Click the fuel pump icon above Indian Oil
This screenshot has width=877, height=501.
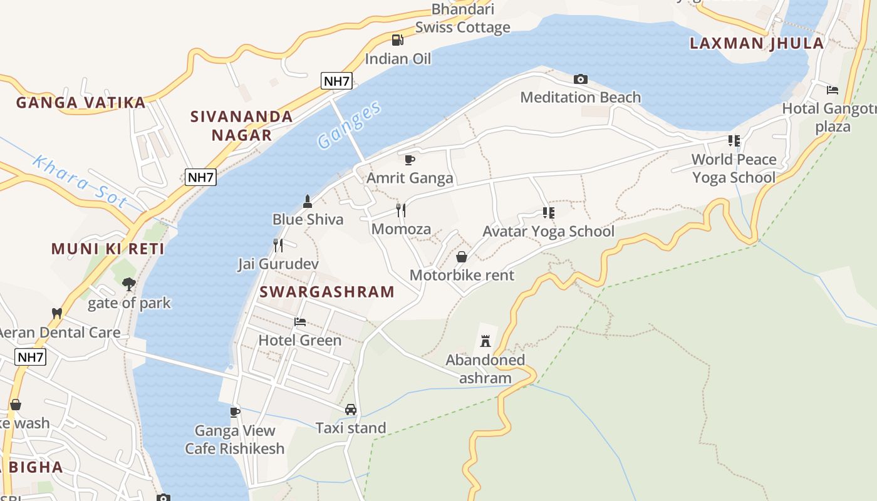click(x=397, y=40)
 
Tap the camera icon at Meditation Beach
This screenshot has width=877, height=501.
click(x=581, y=79)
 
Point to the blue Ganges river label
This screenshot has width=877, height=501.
click(x=349, y=125)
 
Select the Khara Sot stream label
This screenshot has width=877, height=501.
click(x=80, y=182)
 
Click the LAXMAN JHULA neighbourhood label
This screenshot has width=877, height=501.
click(x=757, y=43)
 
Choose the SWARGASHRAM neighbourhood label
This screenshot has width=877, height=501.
click(x=327, y=292)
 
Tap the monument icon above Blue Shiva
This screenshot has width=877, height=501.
click(x=308, y=201)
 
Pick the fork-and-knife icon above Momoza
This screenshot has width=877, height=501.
click(x=401, y=210)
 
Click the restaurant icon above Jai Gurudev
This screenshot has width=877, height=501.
click(x=278, y=245)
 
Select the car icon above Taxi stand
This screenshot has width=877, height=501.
click(x=351, y=410)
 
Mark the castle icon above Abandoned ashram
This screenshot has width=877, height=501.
click(x=485, y=341)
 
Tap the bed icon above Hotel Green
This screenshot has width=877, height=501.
click(x=300, y=322)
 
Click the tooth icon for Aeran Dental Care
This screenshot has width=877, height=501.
click(x=57, y=312)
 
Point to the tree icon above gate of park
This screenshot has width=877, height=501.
click(x=129, y=284)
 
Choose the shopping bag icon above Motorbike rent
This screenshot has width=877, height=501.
click(x=462, y=257)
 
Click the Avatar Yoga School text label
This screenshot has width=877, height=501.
click(x=548, y=231)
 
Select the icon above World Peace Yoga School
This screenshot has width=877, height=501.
click(x=734, y=141)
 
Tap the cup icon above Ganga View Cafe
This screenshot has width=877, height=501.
click(x=235, y=411)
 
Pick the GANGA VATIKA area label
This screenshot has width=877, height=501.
click(x=81, y=103)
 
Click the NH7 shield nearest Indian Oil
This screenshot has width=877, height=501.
click(x=336, y=81)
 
